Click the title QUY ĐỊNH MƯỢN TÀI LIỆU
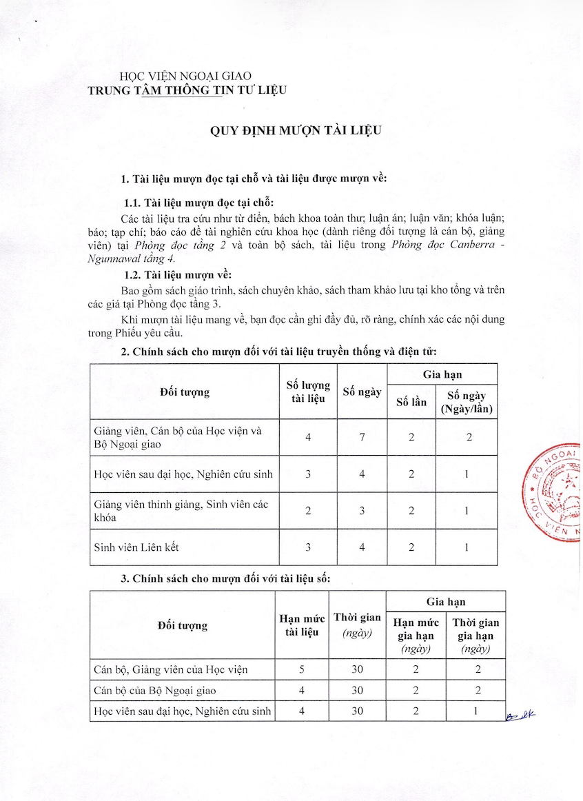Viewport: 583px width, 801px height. click(296, 131)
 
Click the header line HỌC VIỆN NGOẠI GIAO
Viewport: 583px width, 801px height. click(186, 76)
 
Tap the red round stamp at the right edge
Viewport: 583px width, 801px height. click(555, 492)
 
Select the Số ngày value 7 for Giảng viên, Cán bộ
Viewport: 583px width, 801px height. click(362, 437)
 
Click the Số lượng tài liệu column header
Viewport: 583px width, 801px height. click(308, 392)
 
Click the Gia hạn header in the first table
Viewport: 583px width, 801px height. click(442, 374)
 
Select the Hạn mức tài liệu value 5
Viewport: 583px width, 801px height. click(302, 669)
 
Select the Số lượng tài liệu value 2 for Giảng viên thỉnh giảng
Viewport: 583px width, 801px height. click(308, 511)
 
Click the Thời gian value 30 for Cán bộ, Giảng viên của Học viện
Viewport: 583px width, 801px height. click(357, 669)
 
